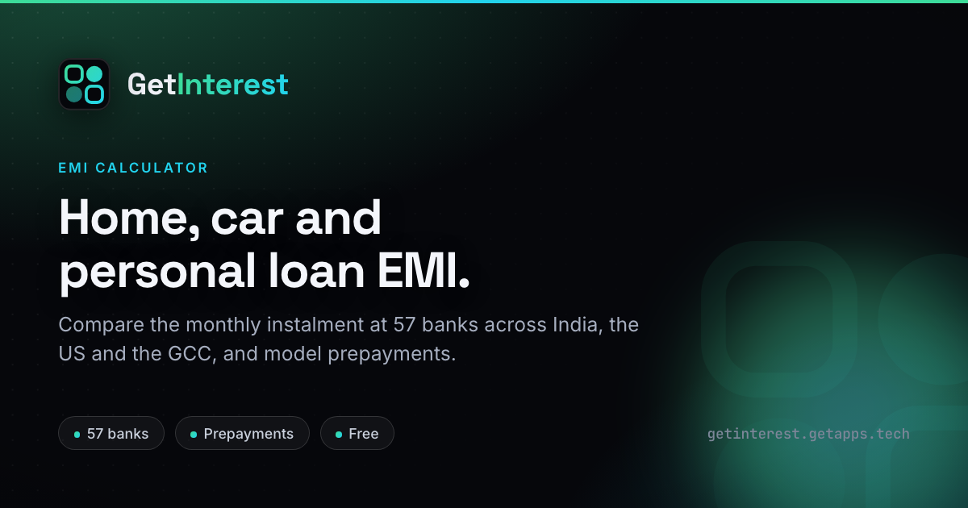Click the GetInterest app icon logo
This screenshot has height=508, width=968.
(x=84, y=84)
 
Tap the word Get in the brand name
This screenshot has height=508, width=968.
(x=152, y=84)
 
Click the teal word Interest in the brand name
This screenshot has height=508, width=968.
(x=233, y=84)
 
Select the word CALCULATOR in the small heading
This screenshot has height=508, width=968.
(x=152, y=168)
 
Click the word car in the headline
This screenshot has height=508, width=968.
(x=247, y=222)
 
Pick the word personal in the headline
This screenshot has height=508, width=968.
(x=157, y=273)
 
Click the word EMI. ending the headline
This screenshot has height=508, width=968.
(x=423, y=270)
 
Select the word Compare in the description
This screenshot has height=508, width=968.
(x=101, y=325)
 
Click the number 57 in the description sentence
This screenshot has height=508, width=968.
(x=404, y=324)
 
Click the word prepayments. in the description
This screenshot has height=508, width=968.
(x=391, y=355)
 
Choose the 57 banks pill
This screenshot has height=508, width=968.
(x=111, y=433)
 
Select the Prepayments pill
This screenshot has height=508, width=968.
(x=242, y=433)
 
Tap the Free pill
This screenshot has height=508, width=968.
(x=357, y=433)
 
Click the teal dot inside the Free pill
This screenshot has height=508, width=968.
(x=339, y=435)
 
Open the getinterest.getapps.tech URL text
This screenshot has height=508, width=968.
(x=808, y=434)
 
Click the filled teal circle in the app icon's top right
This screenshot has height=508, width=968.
(x=94, y=74)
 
